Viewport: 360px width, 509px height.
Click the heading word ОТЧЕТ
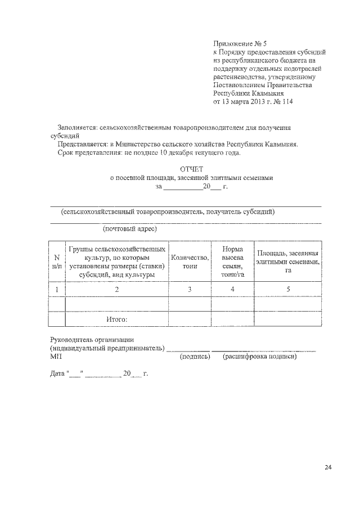click(192, 169)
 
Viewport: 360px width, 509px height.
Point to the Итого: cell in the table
click(117, 319)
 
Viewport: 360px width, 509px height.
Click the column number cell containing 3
click(190, 289)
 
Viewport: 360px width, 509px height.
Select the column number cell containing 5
click(287, 289)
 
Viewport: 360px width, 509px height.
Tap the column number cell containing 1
click(56, 289)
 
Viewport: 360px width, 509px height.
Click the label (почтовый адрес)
click(129, 229)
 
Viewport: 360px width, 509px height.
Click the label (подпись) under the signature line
click(195, 357)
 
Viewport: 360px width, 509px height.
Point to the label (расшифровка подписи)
click(260, 357)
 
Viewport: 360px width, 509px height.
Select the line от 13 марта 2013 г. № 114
click(253, 102)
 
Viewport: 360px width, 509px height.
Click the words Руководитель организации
click(91, 339)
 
